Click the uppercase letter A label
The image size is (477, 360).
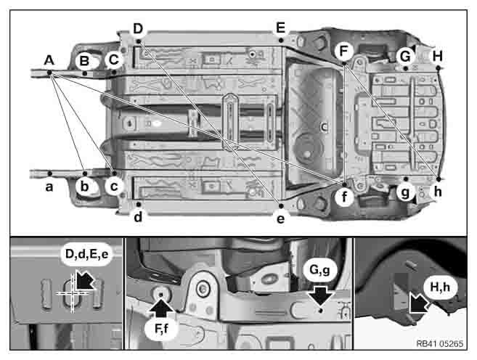[49, 60]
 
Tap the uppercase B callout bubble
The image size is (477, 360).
[84, 61]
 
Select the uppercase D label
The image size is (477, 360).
[138, 28]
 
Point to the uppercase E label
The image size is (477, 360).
[280, 28]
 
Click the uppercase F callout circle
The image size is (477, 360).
[343, 51]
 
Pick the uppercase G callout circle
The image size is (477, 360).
[405, 57]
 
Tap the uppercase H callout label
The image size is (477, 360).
[438, 56]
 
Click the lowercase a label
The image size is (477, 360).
[49, 187]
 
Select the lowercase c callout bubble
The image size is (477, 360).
[114, 186]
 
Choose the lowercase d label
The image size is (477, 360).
[138, 217]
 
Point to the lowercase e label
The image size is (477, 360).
[280, 218]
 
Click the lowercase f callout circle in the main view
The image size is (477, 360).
[344, 197]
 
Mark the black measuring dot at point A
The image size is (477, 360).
[49, 73]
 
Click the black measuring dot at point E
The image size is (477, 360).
[281, 40]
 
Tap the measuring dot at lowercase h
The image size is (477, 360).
[439, 179]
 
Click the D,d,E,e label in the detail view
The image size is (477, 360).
[87, 254]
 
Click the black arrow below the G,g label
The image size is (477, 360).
[321, 295]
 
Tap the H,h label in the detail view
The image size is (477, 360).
[440, 287]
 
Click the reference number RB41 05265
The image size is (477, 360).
[439, 343]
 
